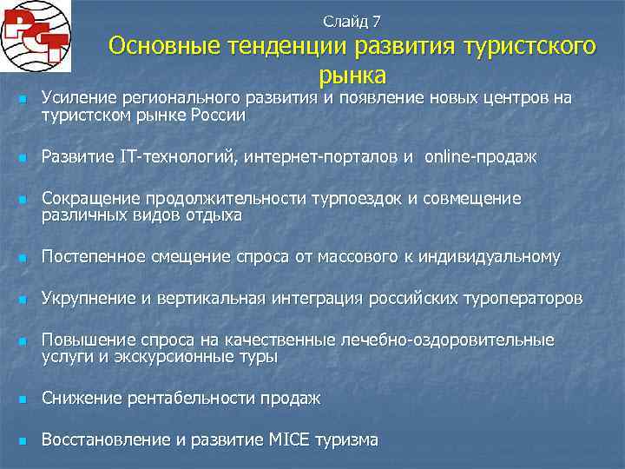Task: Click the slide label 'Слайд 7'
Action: coord(352,20)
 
